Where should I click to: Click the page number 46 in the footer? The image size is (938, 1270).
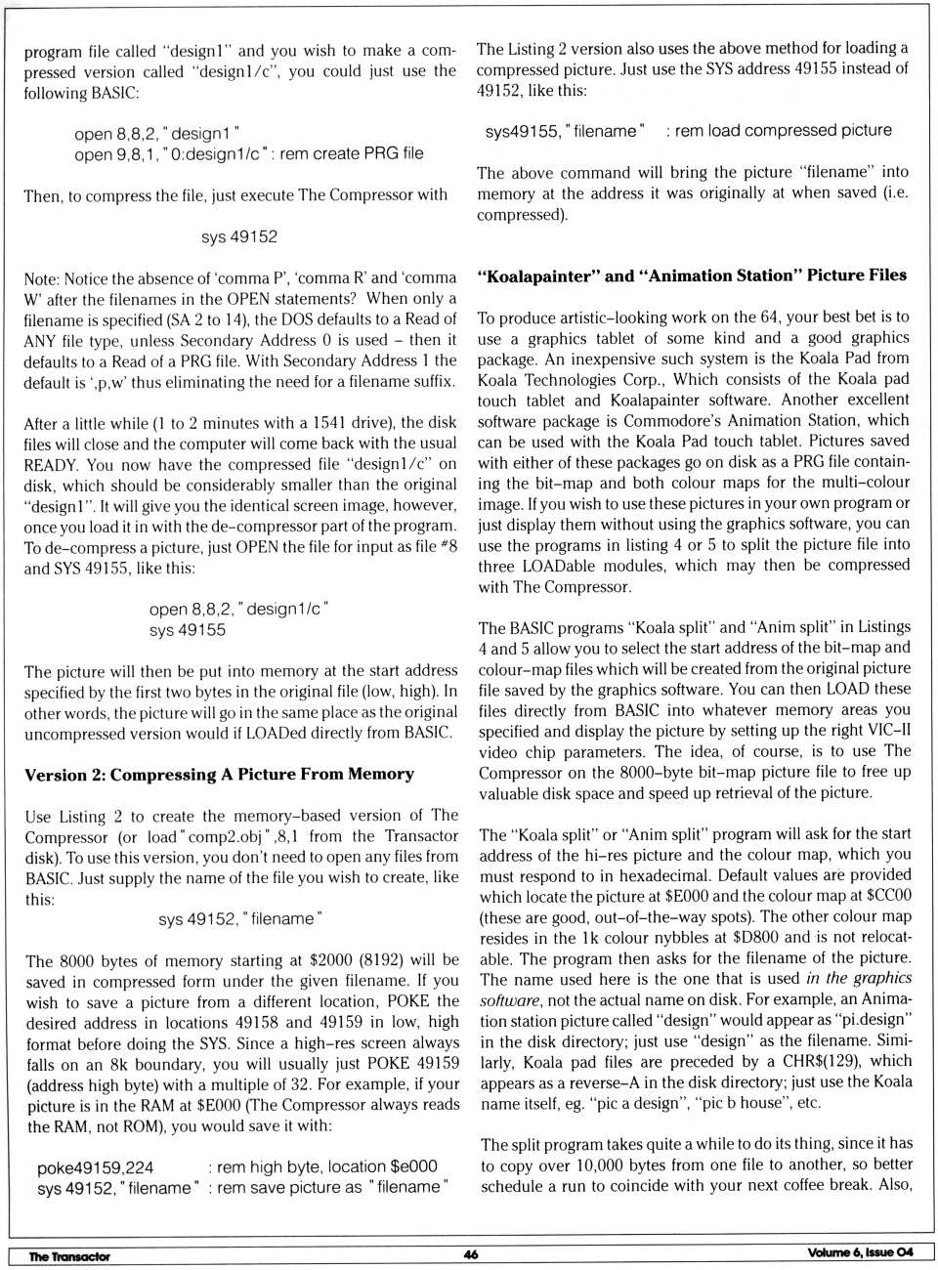[x=471, y=1253]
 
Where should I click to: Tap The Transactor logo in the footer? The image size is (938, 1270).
[x=69, y=1255]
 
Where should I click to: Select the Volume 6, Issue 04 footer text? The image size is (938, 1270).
[x=860, y=1252]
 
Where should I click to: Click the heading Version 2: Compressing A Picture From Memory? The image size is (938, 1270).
[x=220, y=774]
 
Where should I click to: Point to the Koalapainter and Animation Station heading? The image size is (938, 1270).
[x=692, y=275]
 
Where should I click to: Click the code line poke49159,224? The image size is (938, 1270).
[x=96, y=1167]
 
